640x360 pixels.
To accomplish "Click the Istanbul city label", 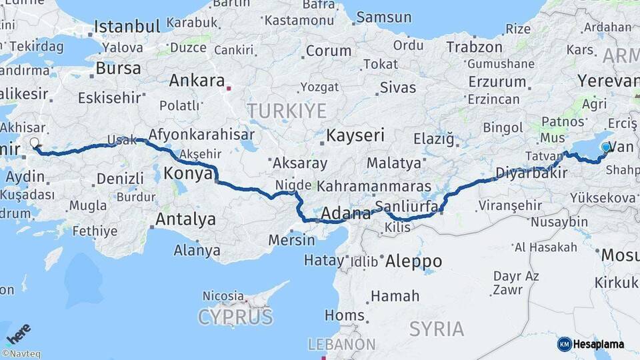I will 127,27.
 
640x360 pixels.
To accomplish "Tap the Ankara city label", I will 197,81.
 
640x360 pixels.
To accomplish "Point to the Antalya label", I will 185,219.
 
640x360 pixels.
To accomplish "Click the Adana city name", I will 346,214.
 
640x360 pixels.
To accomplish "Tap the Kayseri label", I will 355,135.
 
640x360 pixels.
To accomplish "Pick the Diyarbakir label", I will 531,173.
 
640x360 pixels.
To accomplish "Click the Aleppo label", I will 413,261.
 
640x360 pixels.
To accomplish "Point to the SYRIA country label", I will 437,329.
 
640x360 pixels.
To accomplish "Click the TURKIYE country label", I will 287,110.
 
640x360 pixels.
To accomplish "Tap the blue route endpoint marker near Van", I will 605,147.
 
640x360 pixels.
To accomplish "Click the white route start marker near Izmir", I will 35,143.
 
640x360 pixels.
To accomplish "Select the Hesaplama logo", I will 591,344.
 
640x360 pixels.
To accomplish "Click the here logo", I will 18,332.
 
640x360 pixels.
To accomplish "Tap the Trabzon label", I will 474,47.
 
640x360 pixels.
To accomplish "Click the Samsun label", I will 383,17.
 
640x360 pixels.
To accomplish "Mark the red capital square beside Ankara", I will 229,87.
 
